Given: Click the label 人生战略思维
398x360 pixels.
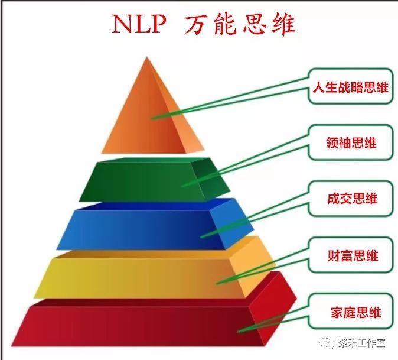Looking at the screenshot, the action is click(351, 87).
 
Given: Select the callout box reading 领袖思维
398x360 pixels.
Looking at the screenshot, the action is click(351, 142).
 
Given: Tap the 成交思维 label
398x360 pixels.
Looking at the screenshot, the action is click(352, 199).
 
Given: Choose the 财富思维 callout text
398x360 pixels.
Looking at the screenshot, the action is click(353, 255).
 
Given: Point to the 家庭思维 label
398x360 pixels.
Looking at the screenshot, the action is click(355, 312).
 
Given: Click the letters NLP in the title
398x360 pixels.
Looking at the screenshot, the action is click(139, 24).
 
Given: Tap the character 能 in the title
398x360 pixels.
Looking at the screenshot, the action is click(226, 24).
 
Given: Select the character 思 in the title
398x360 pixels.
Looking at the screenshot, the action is click(255, 24).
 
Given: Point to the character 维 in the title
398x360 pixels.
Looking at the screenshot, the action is click(283, 24).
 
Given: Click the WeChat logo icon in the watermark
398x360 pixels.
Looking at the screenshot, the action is click(327, 343).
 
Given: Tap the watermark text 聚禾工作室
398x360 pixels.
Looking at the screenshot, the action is click(361, 343).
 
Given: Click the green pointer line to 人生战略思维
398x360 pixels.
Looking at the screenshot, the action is click(230, 99).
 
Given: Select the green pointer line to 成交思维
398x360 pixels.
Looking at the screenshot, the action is click(255, 215).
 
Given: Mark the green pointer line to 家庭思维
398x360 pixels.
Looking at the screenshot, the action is click(273, 319).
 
